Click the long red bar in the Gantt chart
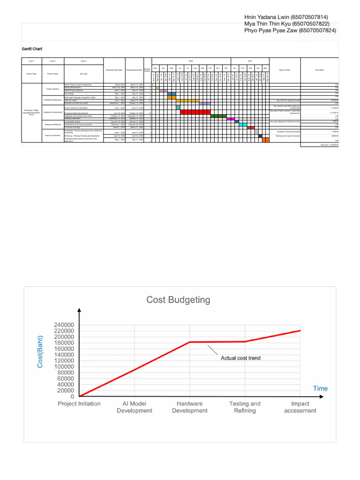[195, 112]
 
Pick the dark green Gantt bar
[218, 116]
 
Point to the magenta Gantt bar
[230, 119]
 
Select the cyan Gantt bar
[243, 124]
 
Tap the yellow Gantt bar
[187, 100]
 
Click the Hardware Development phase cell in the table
[52, 112]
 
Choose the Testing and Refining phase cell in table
[52, 125]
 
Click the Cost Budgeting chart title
[179, 299]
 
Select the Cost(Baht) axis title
[41, 352]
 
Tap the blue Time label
[321, 388]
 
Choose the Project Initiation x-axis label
[79, 404]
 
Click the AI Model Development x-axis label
[135, 407]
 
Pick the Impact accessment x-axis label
[300, 407]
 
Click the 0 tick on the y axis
[72, 397]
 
